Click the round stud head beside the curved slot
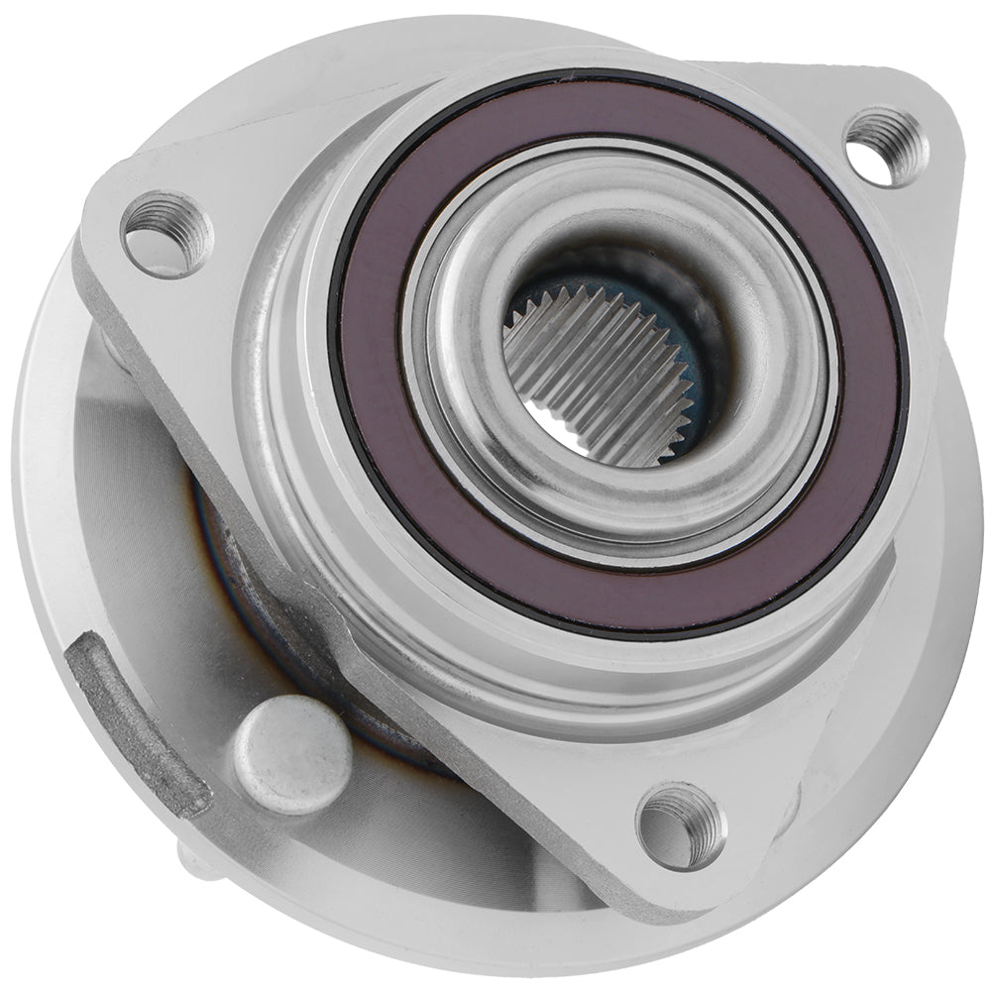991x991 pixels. [292, 753]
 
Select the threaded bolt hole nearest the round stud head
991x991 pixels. [680, 826]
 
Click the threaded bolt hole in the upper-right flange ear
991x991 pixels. [885, 146]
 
